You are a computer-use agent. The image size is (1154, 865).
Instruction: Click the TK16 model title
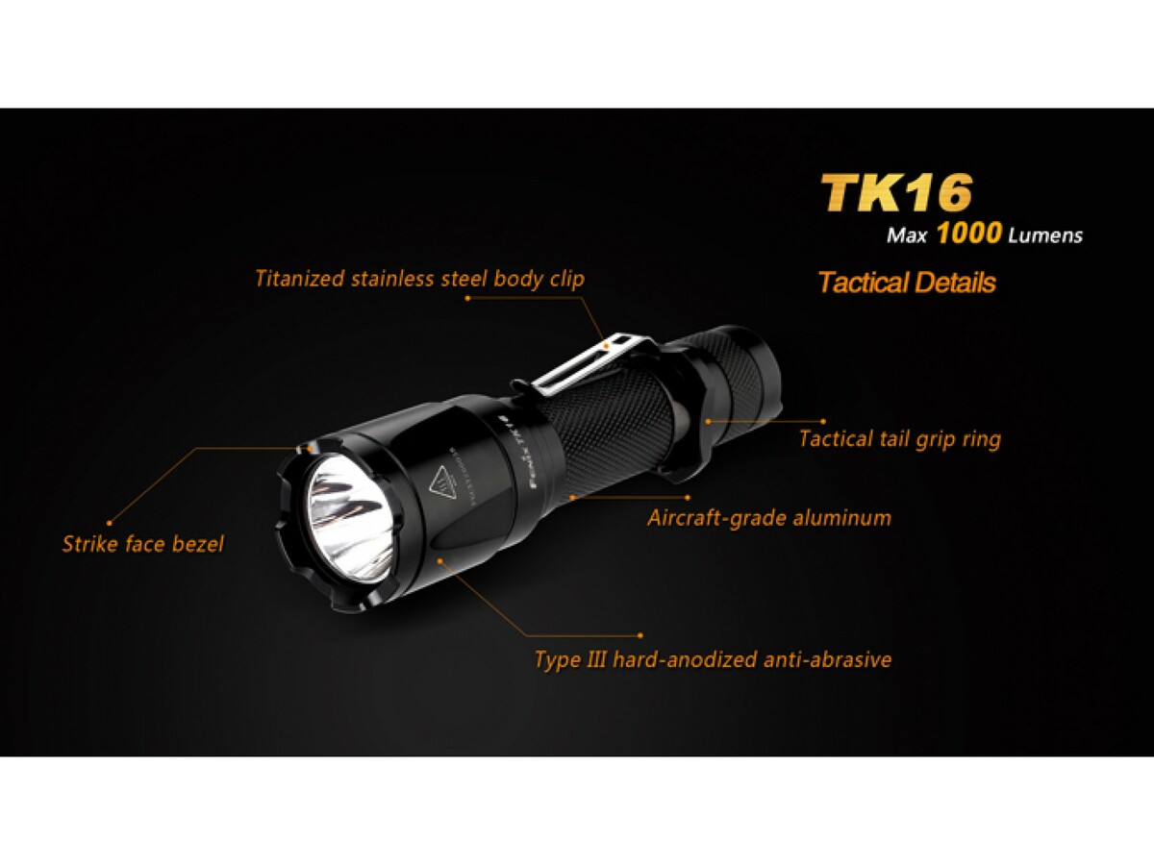pyautogui.click(x=897, y=193)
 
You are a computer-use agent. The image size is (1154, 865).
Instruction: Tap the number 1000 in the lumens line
pyautogui.click(x=969, y=233)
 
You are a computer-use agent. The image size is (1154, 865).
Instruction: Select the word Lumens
pyautogui.click(x=1045, y=235)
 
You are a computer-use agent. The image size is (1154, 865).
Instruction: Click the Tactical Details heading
pyautogui.click(x=907, y=282)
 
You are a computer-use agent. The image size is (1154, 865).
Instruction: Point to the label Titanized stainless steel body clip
pyautogui.click(x=419, y=279)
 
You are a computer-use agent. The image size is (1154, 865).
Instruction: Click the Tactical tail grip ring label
pyautogui.click(x=899, y=438)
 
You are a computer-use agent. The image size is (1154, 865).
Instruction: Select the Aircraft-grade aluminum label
pyautogui.click(x=769, y=518)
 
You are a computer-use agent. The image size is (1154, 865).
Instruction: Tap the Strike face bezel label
pyautogui.click(x=142, y=544)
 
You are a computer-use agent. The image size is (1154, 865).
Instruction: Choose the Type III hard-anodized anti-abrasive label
pyautogui.click(x=713, y=658)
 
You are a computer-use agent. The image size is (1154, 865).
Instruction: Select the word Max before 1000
pyautogui.click(x=907, y=235)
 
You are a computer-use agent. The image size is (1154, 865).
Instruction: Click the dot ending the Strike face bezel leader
pyautogui.click(x=110, y=523)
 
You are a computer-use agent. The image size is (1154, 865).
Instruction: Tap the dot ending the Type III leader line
pyautogui.click(x=640, y=635)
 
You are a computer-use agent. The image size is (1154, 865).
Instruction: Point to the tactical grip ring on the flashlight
pyautogui.click(x=694, y=409)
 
